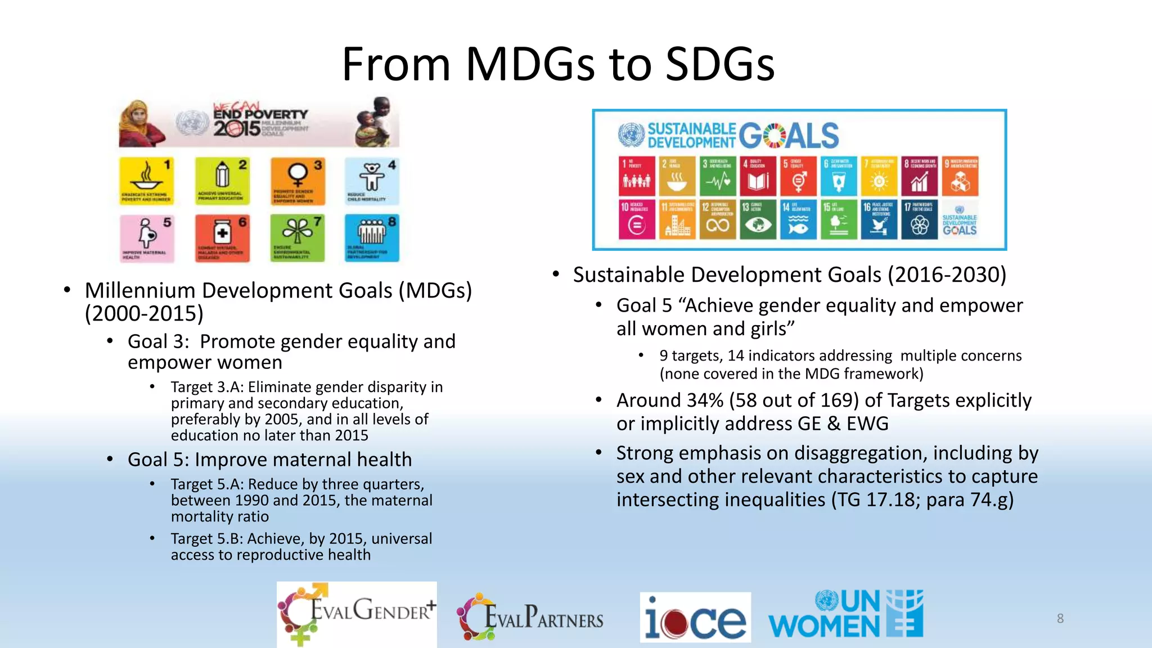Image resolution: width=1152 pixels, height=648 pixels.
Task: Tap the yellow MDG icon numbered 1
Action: click(x=146, y=181)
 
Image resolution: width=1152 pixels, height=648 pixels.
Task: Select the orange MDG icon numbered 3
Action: click(x=298, y=181)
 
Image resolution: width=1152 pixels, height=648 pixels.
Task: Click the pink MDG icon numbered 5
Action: click(x=146, y=238)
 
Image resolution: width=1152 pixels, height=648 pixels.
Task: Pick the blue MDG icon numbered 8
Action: click(x=372, y=238)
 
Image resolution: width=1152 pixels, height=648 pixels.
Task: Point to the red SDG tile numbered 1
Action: click(x=637, y=176)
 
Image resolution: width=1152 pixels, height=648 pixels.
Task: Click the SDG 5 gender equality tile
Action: click(x=799, y=176)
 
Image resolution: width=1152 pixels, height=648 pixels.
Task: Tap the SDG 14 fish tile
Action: click(x=798, y=220)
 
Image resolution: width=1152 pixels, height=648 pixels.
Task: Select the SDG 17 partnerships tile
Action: click(x=919, y=220)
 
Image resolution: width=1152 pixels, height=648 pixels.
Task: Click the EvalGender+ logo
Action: click(x=357, y=614)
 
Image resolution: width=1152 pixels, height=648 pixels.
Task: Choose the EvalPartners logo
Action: click(x=530, y=617)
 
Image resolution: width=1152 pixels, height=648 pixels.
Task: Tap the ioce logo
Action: click(x=695, y=617)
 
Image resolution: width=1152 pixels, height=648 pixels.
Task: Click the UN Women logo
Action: click(x=845, y=614)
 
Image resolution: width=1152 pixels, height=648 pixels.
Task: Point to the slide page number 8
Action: click(x=1060, y=618)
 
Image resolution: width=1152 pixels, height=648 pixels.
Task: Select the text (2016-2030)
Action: click(x=947, y=275)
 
